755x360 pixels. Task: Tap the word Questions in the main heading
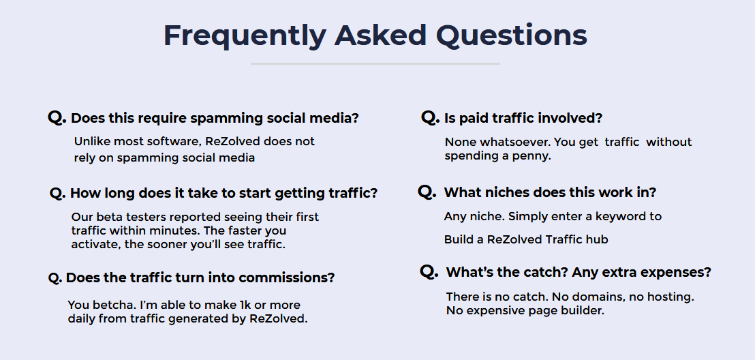(x=511, y=35)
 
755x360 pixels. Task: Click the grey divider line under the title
(x=375, y=63)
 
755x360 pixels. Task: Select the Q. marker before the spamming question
(x=57, y=117)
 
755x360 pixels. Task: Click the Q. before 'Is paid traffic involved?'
(x=430, y=117)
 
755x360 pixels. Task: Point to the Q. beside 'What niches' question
(x=427, y=192)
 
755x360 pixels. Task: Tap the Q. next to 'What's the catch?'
(x=429, y=272)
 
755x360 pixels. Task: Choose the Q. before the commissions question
(x=55, y=278)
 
